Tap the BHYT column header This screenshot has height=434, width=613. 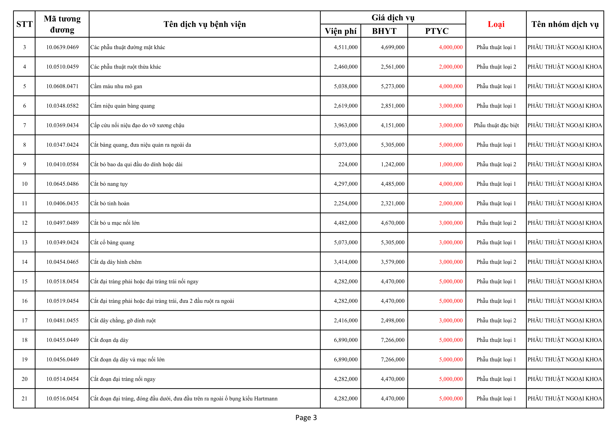pos(384,31)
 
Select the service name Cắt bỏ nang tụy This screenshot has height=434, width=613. pos(109,184)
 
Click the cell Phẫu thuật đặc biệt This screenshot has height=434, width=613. pos(496,125)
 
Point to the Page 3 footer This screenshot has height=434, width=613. pos(306,417)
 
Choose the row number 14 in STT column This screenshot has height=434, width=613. pos(25,262)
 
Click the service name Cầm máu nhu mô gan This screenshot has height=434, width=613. pos(116,86)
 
